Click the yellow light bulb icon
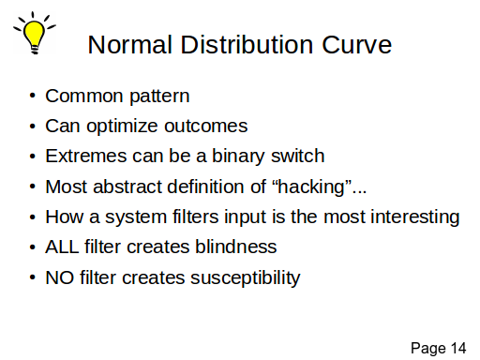(x=35, y=33)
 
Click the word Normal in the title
(x=130, y=45)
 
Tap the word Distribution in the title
(x=247, y=45)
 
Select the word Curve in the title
(x=356, y=45)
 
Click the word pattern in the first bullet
(x=159, y=97)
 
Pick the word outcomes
(x=206, y=127)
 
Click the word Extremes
(x=86, y=156)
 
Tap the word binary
(x=238, y=157)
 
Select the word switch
(x=298, y=156)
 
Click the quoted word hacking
(x=311, y=187)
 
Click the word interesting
(x=415, y=217)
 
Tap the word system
(x=136, y=217)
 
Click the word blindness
(x=236, y=247)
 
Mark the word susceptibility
(x=246, y=277)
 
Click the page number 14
(x=458, y=348)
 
